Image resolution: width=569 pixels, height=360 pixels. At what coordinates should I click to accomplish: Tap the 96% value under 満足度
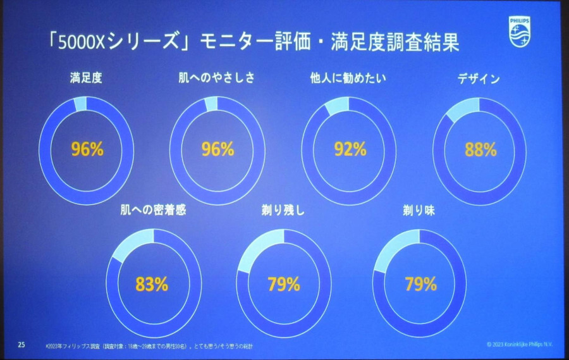87,150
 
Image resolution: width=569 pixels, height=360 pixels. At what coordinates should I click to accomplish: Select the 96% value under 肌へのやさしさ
217,150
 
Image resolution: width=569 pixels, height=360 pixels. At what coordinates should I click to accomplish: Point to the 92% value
350,150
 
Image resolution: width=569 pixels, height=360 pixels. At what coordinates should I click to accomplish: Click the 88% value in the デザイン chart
480,150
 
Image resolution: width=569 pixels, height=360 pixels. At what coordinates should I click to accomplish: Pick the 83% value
152,284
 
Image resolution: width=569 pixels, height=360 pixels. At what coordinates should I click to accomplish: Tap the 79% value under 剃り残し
283,284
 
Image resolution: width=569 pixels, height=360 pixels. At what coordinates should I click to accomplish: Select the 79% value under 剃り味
420,284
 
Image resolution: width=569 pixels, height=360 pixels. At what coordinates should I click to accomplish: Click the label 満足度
87,79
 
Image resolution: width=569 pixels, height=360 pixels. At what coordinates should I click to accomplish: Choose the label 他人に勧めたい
348,79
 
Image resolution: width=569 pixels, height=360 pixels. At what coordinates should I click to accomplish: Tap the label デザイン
479,80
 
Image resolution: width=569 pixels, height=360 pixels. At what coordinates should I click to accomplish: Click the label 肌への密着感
154,211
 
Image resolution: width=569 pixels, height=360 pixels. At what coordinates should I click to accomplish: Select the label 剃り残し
283,211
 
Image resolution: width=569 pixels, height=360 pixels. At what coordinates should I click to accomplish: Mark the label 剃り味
420,211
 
